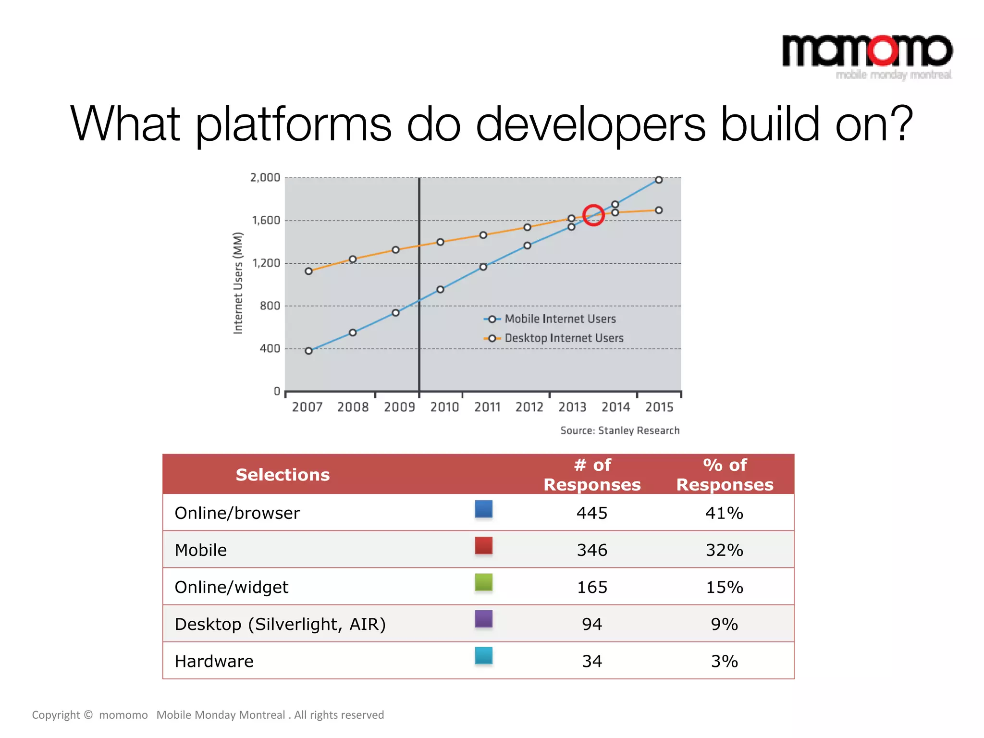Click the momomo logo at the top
tap(867, 54)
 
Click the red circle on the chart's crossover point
tap(593, 215)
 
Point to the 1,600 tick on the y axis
tap(266, 221)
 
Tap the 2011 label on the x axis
tap(487, 407)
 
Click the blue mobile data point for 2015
tap(659, 180)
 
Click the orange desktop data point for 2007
tap(308, 271)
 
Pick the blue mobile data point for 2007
tap(308, 351)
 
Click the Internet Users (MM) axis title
tap(238, 283)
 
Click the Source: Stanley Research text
tap(620, 430)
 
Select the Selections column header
tap(283, 475)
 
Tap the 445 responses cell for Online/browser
tap(592, 513)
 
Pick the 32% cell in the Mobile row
tap(724, 550)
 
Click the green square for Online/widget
tap(483, 582)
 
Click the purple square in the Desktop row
tap(483, 619)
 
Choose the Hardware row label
tap(214, 662)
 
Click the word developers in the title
tap(590, 124)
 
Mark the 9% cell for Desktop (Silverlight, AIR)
tap(724, 624)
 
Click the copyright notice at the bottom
tap(208, 715)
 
